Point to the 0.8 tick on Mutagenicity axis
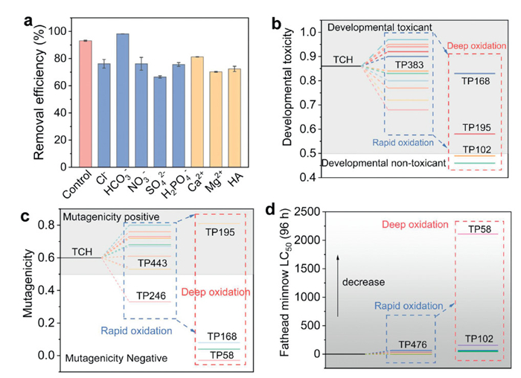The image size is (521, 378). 45,224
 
